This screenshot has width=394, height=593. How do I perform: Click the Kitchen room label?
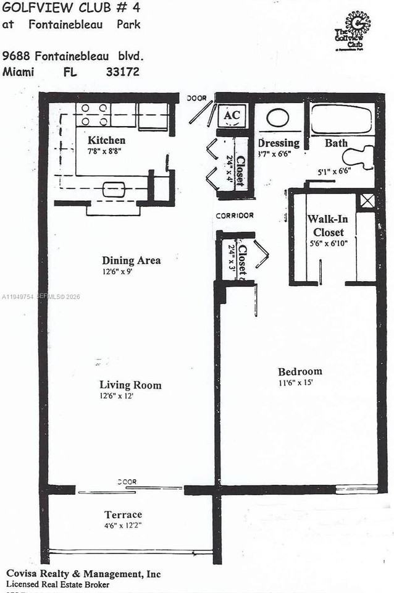(x=106, y=140)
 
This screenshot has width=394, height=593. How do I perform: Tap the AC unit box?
(x=232, y=115)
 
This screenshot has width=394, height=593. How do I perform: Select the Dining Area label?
(x=131, y=261)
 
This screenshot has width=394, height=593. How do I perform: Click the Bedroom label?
(x=300, y=371)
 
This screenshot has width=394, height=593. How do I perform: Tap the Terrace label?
(x=123, y=515)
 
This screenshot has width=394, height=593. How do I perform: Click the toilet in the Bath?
(x=361, y=156)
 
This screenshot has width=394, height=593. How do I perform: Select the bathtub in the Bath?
(x=341, y=119)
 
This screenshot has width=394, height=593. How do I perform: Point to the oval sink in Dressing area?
(x=278, y=118)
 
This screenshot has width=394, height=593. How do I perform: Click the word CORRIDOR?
(x=235, y=216)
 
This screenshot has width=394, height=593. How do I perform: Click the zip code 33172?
(x=123, y=72)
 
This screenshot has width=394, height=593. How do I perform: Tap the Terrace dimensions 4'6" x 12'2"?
(x=124, y=526)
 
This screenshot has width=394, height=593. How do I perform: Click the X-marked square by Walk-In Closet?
(x=367, y=200)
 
